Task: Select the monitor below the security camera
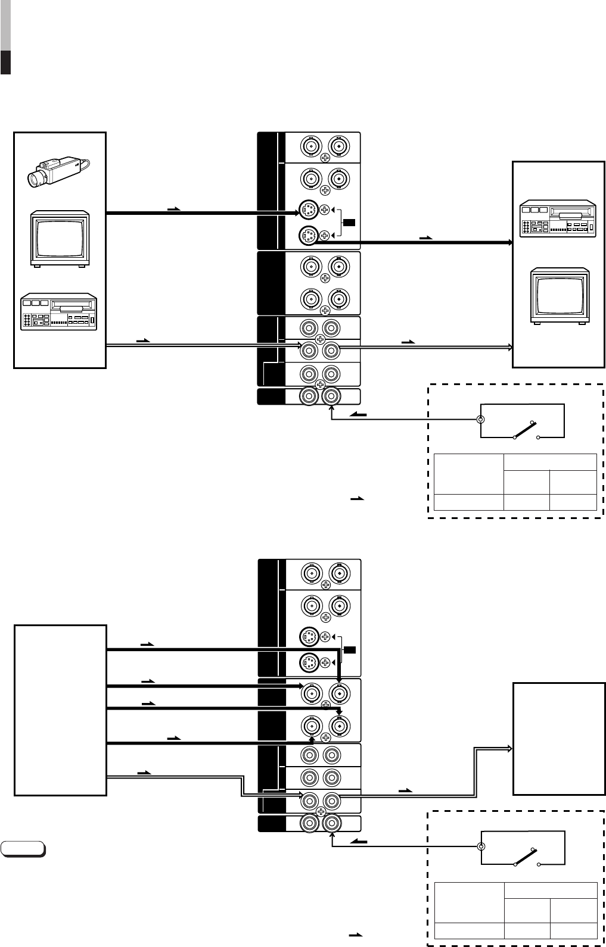coord(60,237)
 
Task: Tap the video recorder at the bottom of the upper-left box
coord(58,311)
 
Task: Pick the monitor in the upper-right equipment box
coord(560,296)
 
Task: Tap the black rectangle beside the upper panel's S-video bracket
coord(349,223)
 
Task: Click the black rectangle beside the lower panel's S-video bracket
coord(350,649)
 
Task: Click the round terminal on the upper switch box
coord(481,419)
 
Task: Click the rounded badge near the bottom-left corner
coord(23,848)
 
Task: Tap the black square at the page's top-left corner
coord(6,62)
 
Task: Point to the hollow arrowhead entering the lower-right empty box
coord(509,748)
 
